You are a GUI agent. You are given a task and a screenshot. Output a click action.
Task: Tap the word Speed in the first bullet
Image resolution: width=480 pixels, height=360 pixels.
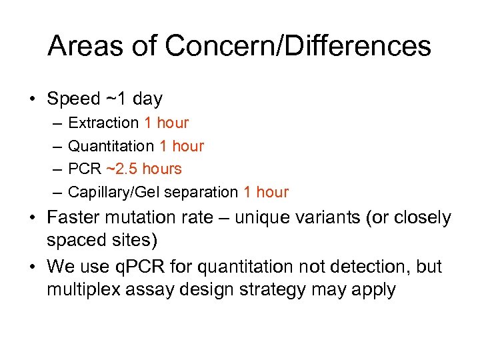coord(73,99)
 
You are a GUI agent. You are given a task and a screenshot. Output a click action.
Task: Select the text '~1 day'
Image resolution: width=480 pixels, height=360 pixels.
coord(133,99)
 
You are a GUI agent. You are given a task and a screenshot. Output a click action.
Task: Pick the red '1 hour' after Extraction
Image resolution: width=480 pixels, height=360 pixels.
coord(166,123)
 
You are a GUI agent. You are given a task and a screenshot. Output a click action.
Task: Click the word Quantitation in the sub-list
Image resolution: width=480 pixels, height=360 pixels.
coord(111,146)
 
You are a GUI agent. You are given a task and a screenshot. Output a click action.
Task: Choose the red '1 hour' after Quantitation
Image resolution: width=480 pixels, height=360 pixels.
coord(181,146)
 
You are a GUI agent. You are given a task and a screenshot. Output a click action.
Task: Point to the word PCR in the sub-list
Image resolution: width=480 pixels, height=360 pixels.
coord(84,169)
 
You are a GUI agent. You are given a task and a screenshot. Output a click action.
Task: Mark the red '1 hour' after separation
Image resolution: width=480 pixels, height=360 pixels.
coord(266,192)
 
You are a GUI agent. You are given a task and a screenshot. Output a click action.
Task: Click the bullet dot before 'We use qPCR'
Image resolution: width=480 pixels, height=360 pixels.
coord(32,267)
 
